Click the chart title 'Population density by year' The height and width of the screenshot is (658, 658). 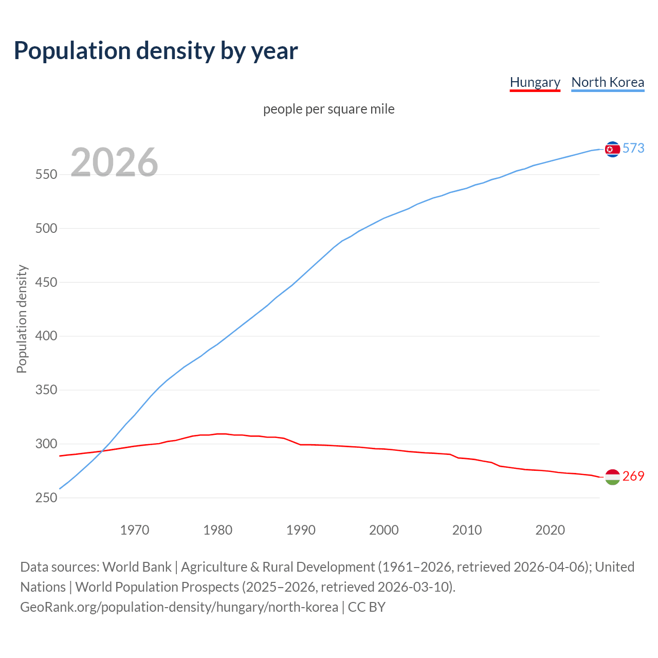coord(156,50)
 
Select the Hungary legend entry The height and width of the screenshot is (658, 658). coord(535,82)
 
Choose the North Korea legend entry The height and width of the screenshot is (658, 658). coord(608,82)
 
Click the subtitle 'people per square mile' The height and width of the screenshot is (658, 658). coord(329,109)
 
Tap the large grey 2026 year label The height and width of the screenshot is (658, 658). coord(114,162)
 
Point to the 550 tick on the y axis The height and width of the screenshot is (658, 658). coord(46,174)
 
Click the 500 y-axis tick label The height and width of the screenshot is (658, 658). coord(46,228)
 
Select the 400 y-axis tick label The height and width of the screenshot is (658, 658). coord(46,336)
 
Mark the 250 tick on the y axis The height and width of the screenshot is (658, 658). coord(46,498)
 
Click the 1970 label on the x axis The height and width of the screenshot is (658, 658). coord(135,530)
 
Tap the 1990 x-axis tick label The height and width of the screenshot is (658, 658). coord(301,530)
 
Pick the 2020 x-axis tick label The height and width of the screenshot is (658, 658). coord(550,530)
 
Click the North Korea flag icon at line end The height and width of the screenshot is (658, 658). coord(612,149)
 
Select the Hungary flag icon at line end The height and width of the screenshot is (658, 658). coord(612,477)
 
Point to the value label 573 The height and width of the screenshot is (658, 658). coord(633,148)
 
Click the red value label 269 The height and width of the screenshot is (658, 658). coord(633,476)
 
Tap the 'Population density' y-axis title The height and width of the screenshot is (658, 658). coord(22,319)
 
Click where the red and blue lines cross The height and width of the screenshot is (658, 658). coord(103,451)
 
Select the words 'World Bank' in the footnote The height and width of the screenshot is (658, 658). coord(137,567)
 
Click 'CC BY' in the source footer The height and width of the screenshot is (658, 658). coord(367,607)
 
